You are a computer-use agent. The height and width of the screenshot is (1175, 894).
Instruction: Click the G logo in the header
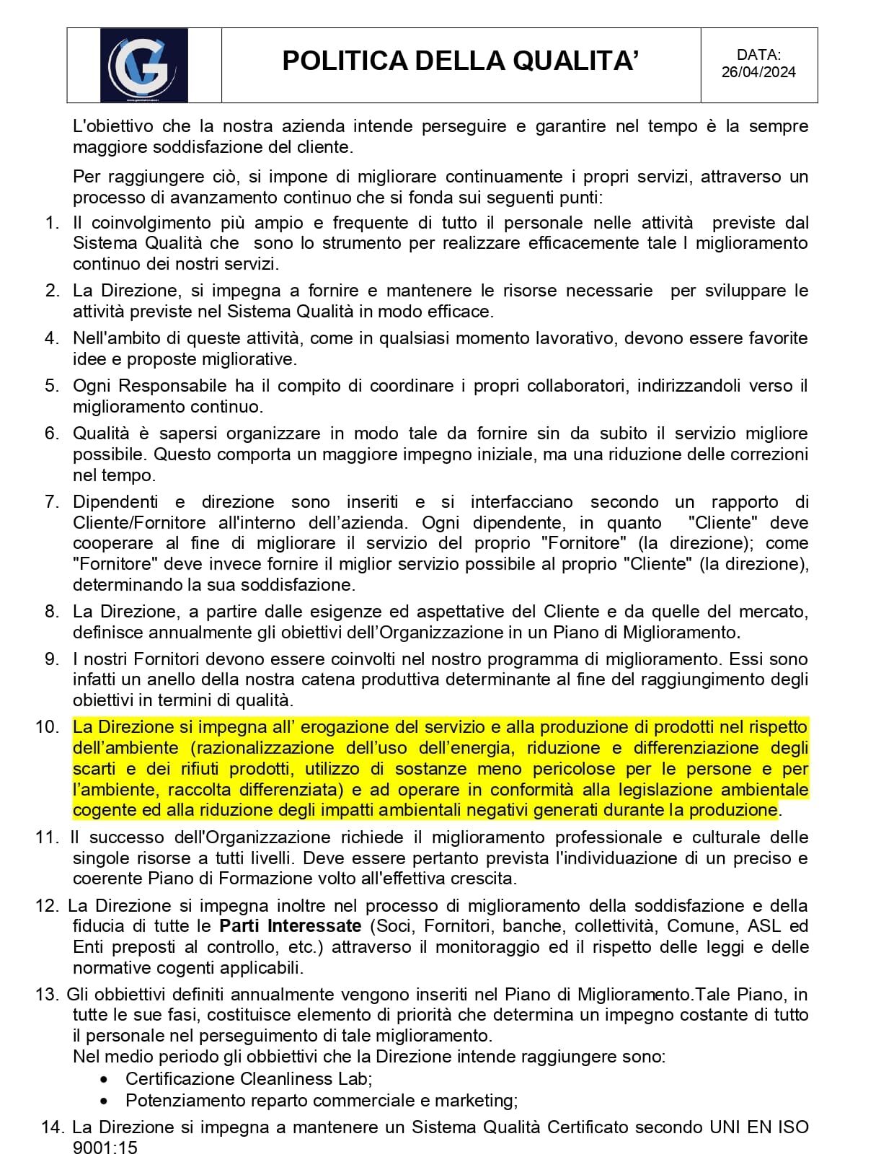143,65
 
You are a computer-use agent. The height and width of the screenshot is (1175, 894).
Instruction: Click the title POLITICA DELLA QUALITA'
460,61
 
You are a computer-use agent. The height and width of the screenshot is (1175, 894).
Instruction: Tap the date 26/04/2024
758,72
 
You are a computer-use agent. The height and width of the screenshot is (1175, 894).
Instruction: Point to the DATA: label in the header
758,55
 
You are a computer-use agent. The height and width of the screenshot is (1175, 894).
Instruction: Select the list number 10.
48,727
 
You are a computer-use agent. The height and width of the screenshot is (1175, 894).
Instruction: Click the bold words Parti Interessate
290,926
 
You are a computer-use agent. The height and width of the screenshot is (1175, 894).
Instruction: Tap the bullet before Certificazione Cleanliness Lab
105,1080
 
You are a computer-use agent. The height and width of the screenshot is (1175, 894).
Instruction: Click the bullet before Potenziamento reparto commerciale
105,1101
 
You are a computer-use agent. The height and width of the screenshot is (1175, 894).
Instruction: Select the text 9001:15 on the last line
105,1148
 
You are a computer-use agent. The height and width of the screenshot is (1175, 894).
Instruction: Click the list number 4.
52,338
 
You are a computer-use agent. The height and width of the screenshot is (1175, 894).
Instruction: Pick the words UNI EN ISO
759,1127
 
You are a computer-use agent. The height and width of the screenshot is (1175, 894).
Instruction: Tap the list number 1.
52,223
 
